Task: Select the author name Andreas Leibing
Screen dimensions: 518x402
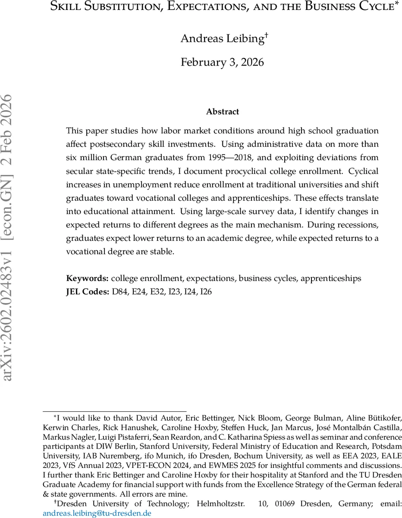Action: click(x=222, y=38)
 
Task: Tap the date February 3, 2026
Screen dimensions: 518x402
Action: click(x=222, y=62)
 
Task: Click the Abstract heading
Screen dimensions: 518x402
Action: click(x=222, y=111)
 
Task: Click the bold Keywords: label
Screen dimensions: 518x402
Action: click(x=87, y=278)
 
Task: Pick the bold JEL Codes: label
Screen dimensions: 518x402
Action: click(x=88, y=292)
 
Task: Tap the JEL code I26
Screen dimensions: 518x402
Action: click(x=206, y=292)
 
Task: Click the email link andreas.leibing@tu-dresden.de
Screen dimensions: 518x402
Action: click(x=97, y=514)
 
